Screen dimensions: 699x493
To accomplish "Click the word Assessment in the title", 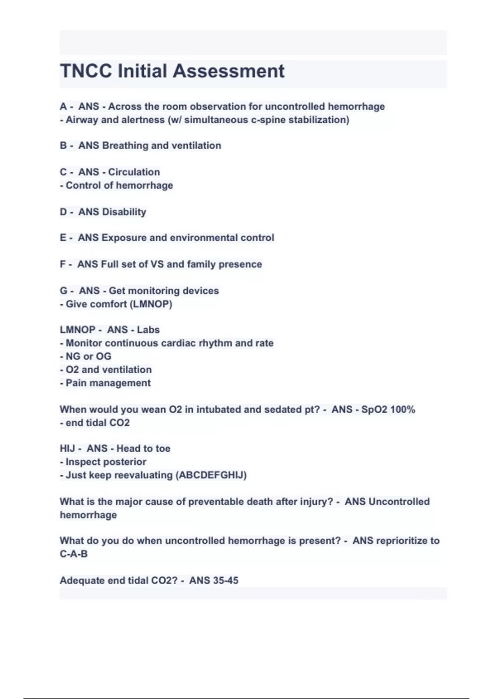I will (x=228, y=71).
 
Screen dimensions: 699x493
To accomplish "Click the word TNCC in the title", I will (x=86, y=71).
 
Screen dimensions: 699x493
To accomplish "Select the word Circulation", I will (x=134, y=172).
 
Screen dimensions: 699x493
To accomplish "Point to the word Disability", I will (x=124, y=212).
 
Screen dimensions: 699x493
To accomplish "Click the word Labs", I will (x=148, y=330).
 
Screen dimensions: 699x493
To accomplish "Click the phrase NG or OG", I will (x=88, y=356).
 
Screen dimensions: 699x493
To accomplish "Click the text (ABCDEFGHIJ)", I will (x=211, y=475).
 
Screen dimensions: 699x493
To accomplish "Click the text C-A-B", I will (x=74, y=554).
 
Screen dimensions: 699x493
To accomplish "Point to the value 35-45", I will (x=226, y=581).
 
